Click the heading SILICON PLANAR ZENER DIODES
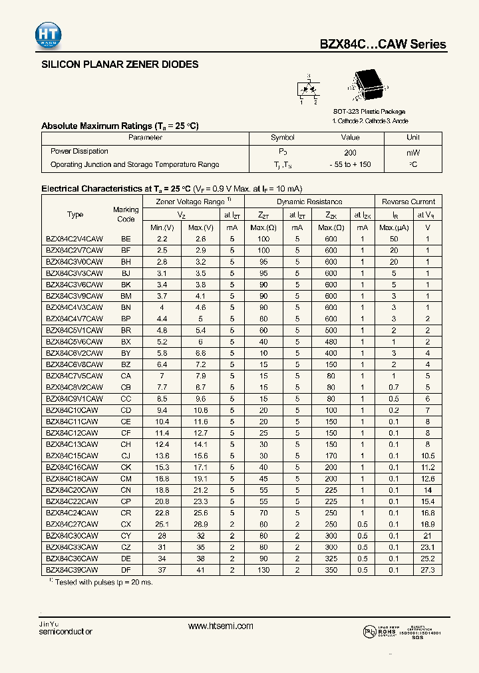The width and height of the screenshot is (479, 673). pos(120,65)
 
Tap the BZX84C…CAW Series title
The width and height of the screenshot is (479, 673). pos(383,45)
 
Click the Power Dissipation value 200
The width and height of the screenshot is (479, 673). pos(350,152)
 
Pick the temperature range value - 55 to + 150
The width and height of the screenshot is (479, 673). pos(350,164)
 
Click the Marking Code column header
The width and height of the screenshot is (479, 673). pos(126,214)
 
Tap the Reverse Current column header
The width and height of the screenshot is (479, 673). pos(408,202)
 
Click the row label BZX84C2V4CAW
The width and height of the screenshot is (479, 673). pos(75,238)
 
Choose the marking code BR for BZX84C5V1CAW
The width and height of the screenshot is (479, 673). pos(126,330)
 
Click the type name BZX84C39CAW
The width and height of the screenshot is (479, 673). pos(72,570)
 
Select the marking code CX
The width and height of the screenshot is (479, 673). pos(126,524)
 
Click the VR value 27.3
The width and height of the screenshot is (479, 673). pos(428,570)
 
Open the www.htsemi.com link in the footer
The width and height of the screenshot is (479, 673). pos(221,626)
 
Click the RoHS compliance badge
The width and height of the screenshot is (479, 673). pos(380,630)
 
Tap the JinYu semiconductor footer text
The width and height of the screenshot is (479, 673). pos(67,627)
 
